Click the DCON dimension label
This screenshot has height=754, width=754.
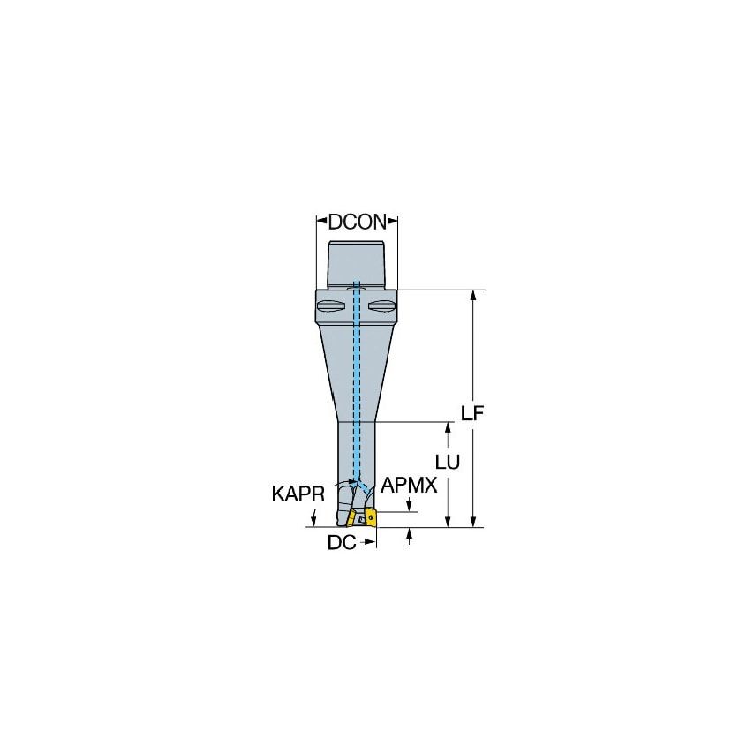coord(357,222)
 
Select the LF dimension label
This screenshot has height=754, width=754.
coord(475,413)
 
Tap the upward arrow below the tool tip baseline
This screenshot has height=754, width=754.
coord(409,534)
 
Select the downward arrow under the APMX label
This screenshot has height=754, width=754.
coord(409,505)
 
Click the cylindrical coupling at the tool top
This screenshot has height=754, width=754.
coord(357,263)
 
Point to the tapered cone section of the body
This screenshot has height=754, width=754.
coord(357,375)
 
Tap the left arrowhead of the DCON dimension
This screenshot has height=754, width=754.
coord(320,222)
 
